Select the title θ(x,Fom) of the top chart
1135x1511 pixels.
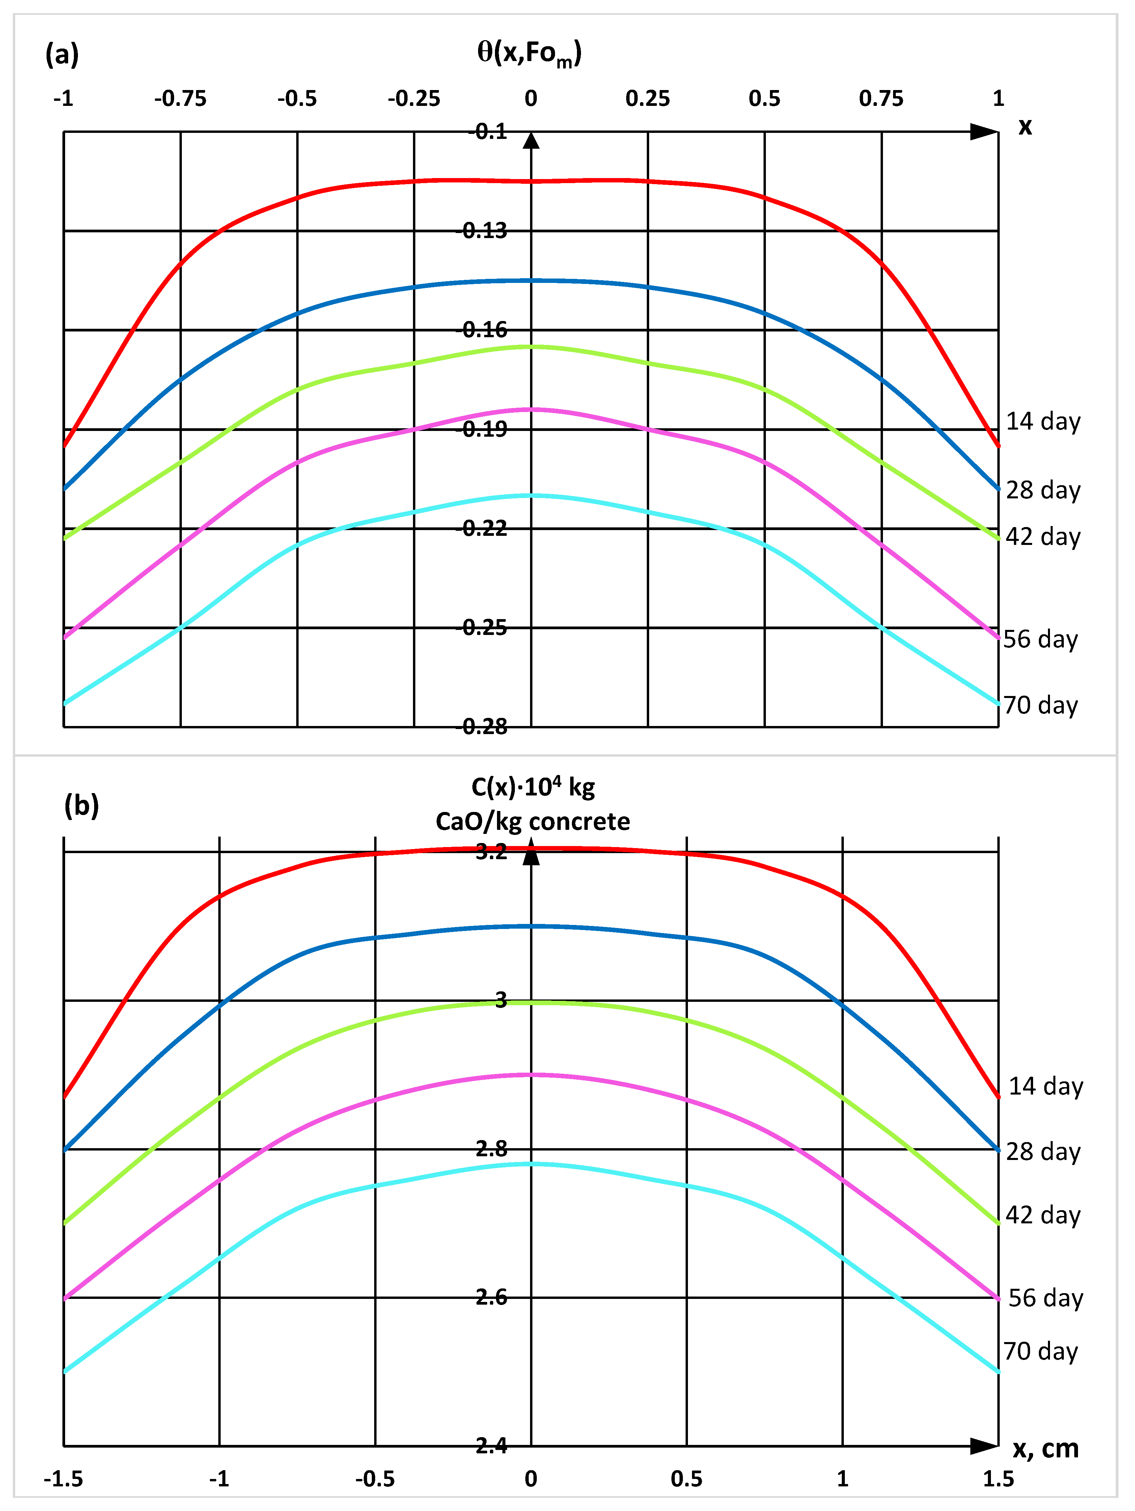point(530,53)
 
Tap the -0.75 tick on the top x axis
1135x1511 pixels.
point(181,99)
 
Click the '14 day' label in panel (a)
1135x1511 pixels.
point(1043,422)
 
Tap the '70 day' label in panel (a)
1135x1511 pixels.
point(1040,705)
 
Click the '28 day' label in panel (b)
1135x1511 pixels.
point(1043,1152)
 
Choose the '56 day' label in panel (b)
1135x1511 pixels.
point(1046,1298)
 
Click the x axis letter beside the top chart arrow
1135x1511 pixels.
point(1024,127)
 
